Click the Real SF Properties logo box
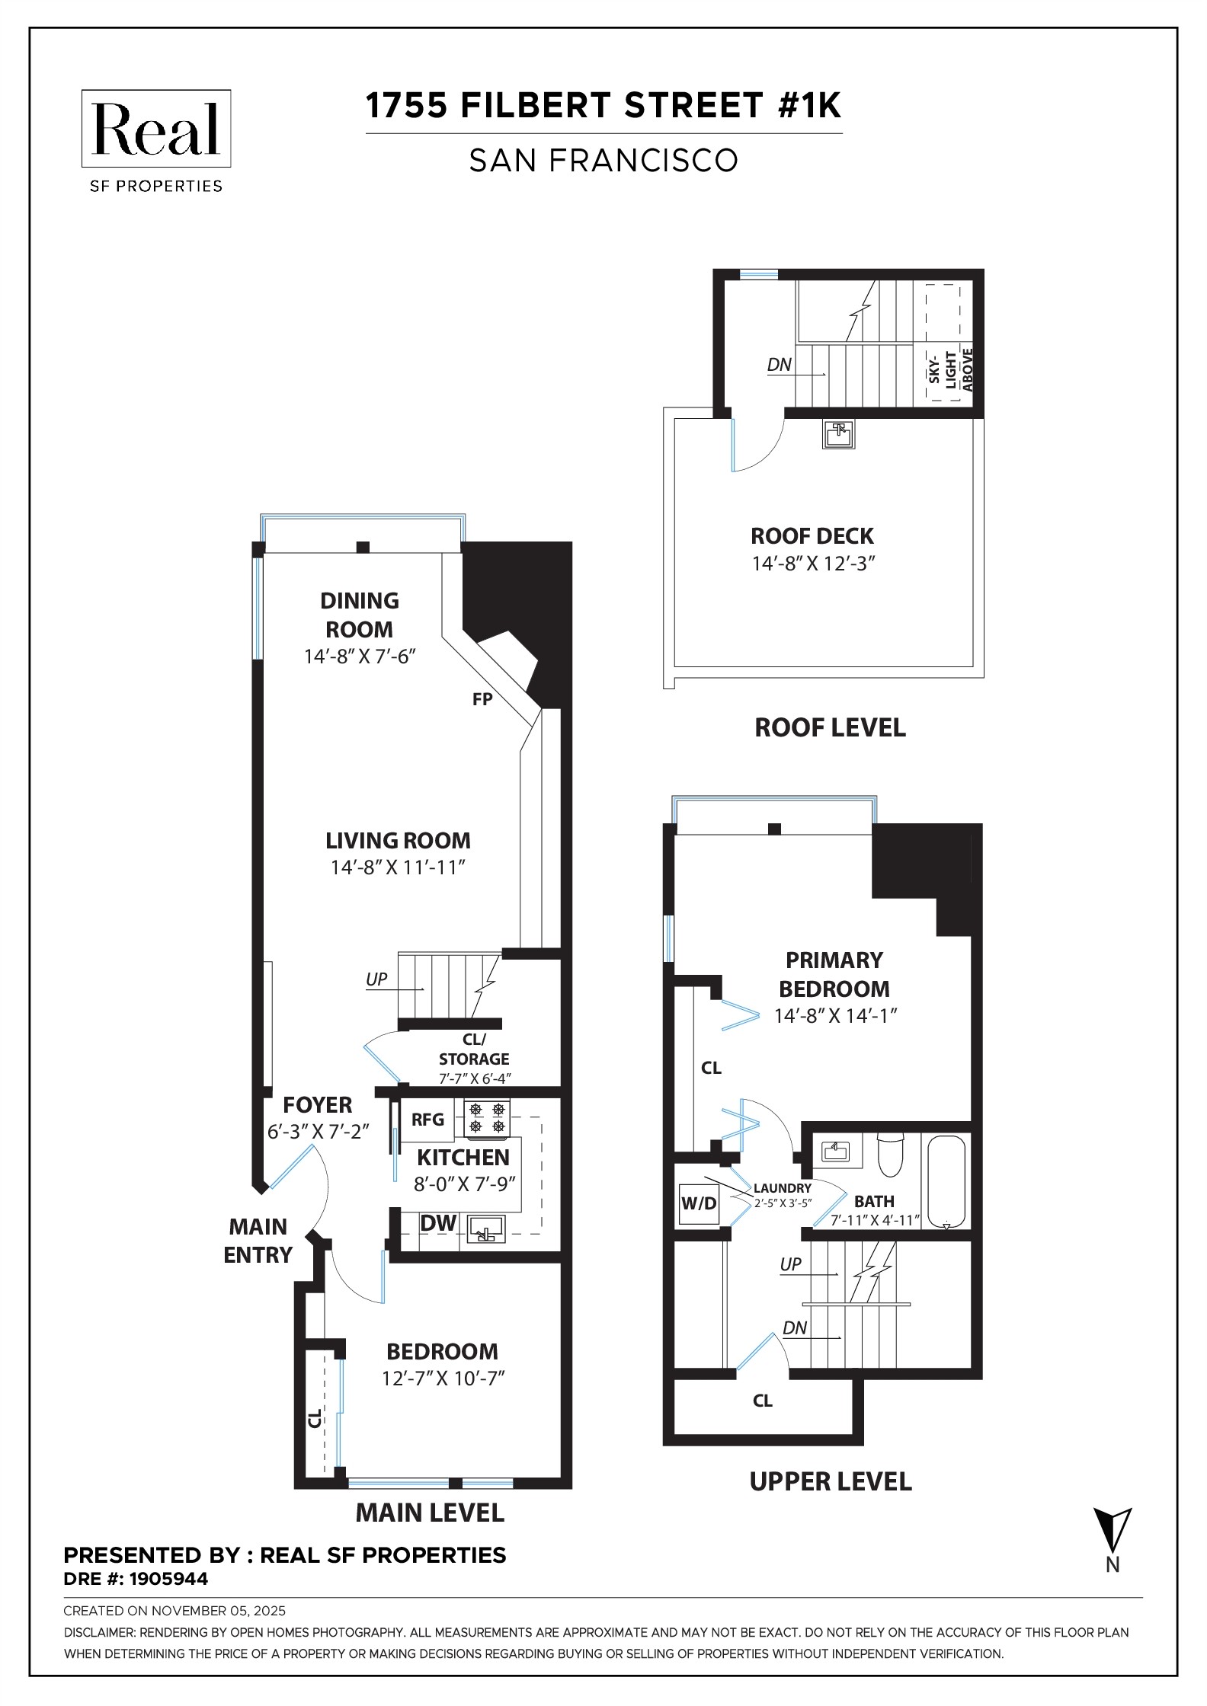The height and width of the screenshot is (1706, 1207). pos(156,129)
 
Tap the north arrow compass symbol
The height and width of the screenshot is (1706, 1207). pos(1113,1531)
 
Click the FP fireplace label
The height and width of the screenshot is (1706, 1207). pos(482,699)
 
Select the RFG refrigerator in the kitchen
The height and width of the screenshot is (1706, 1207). pos(427,1120)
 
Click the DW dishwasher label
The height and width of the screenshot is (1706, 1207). pos(438,1223)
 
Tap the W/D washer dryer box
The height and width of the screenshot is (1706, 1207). pos(698,1203)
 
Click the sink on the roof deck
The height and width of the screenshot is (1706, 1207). pos(839,434)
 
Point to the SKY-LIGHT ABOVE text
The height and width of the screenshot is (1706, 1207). pos(950,370)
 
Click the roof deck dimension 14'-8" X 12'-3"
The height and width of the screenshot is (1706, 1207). pos(813,564)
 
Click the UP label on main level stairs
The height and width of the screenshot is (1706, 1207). pos(376,979)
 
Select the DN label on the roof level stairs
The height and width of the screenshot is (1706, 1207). pos(779,365)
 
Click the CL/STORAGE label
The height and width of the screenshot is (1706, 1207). pos(474,1049)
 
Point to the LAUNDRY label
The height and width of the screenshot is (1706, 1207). pos(783,1188)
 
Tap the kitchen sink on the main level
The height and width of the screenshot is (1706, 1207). pos(486,1229)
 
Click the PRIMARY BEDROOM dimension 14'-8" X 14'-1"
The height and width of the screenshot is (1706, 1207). pos(835,1016)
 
